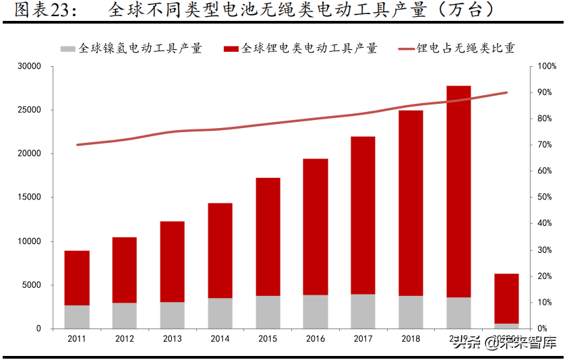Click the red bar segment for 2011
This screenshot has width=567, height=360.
(77, 278)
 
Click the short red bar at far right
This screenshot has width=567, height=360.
(506, 298)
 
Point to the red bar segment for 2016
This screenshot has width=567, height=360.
(316, 227)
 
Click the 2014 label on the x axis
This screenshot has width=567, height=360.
(220, 338)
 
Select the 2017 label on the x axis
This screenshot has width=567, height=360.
(363, 338)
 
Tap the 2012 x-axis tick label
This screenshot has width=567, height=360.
(125, 338)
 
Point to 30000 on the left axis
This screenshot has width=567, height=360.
(30, 66)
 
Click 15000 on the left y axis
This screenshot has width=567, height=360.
(30, 198)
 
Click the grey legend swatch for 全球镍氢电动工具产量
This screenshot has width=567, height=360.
(67, 49)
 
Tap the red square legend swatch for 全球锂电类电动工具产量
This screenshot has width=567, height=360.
(231, 49)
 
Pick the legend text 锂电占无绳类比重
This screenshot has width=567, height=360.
(466, 49)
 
